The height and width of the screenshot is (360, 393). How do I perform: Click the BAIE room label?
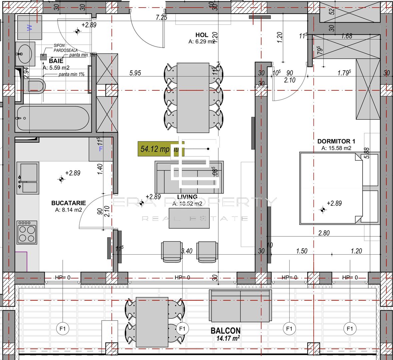[x=56, y=61]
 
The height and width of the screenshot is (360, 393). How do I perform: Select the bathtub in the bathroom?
[x=53, y=119]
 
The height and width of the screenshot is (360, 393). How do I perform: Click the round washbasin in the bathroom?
[x=24, y=53]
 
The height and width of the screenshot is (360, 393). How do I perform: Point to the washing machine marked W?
[x=30, y=28]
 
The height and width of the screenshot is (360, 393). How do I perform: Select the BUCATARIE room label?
[x=68, y=203]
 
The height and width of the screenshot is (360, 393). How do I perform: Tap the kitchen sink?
[x=28, y=177]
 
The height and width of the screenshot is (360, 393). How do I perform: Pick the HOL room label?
[x=202, y=35]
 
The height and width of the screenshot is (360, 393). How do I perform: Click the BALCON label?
[x=226, y=331]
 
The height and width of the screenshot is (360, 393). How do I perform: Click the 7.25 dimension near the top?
[x=161, y=18]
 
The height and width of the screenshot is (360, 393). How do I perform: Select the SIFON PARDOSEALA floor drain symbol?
[x=43, y=57]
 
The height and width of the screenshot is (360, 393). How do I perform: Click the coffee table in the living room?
[x=189, y=218]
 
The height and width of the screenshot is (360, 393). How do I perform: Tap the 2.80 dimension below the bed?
[x=324, y=233]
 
